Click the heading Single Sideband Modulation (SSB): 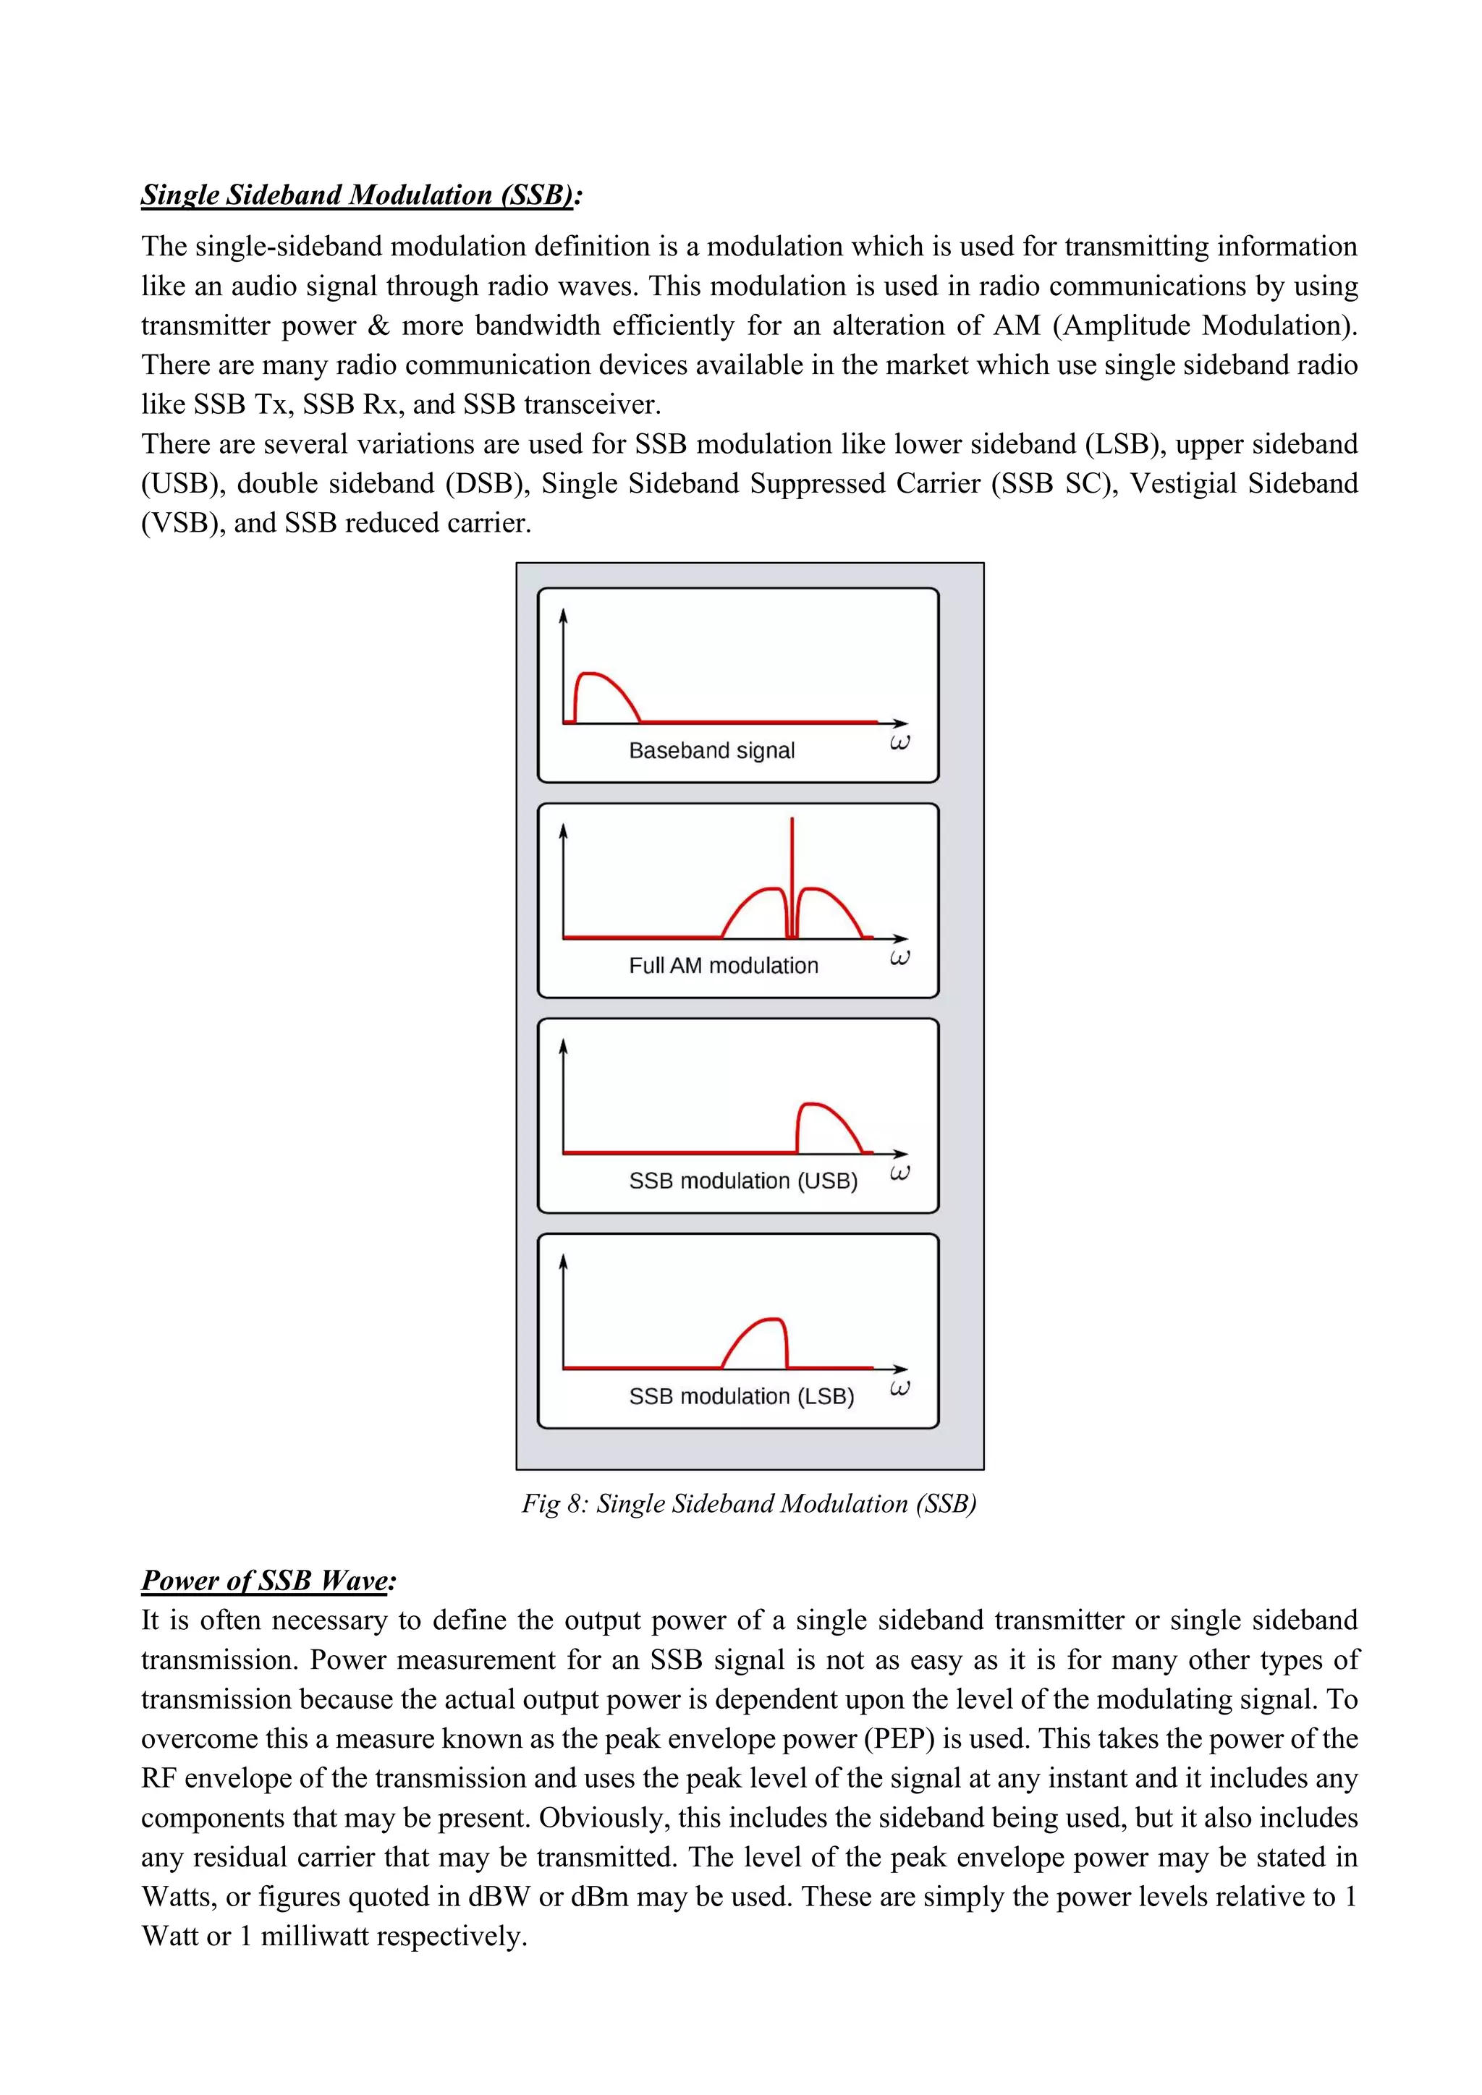pyautogui.click(x=361, y=195)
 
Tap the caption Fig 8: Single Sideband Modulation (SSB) pyautogui.click(x=748, y=1503)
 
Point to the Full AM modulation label pyautogui.click(x=723, y=965)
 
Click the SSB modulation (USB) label pyautogui.click(x=743, y=1181)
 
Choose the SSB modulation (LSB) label pyautogui.click(x=741, y=1396)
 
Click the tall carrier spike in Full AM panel pyautogui.click(x=792, y=858)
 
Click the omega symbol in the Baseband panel pyautogui.click(x=899, y=743)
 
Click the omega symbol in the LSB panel pyautogui.click(x=899, y=1389)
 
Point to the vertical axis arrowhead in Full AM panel pyautogui.click(x=563, y=830)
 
